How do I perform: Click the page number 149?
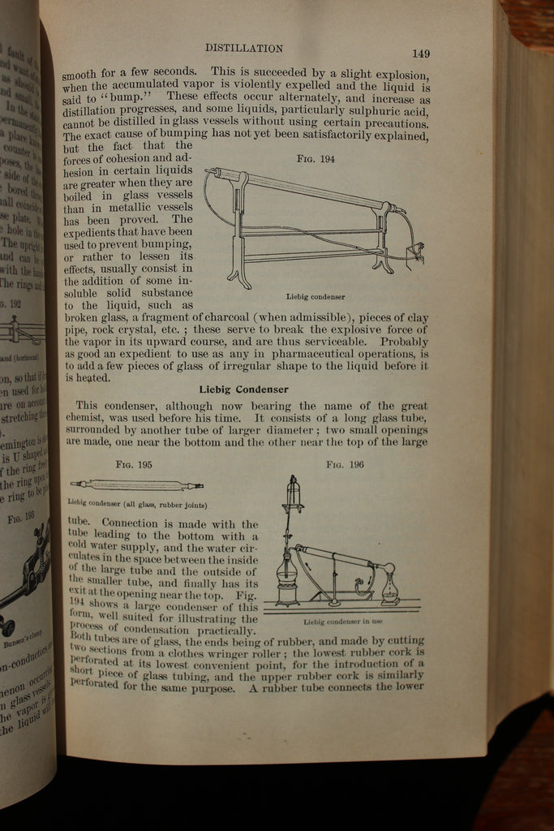click(420, 54)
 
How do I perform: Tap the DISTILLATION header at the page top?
click(243, 49)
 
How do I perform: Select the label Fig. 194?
click(316, 158)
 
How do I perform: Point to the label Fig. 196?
click(345, 465)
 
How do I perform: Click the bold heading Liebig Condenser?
click(243, 389)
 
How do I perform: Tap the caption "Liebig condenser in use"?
click(342, 622)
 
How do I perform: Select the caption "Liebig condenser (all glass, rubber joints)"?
click(137, 504)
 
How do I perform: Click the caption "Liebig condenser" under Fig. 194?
click(316, 297)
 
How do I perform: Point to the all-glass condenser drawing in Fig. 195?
click(136, 485)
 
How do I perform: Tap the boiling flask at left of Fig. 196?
click(288, 572)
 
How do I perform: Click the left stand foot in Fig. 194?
click(239, 276)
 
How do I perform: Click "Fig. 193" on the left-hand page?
click(20, 515)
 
